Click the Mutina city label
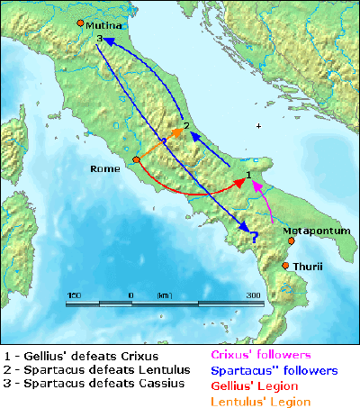[x=103, y=27]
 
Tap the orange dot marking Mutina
[x=81, y=23]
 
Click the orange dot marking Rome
[x=136, y=160]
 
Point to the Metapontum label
[x=315, y=231]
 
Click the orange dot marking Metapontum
[x=291, y=240]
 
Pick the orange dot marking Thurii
[x=285, y=266]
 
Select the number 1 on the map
[x=249, y=174]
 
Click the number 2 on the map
[x=185, y=125]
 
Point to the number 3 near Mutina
[x=98, y=40]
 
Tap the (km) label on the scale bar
[x=164, y=295]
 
